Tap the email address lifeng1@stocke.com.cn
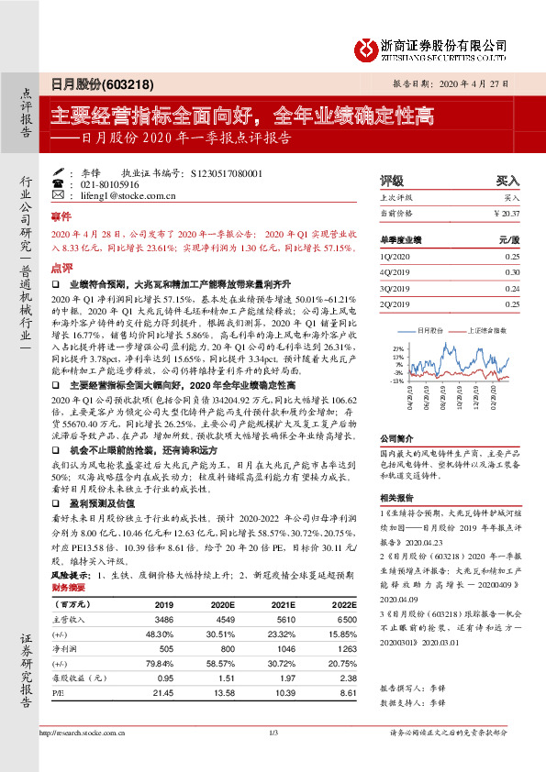point(108,195)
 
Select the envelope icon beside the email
point(59,195)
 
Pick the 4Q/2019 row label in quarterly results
point(394,272)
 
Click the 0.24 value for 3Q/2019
point(511,286)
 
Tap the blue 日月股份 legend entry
point(431,328)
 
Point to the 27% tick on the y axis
point(397,349)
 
